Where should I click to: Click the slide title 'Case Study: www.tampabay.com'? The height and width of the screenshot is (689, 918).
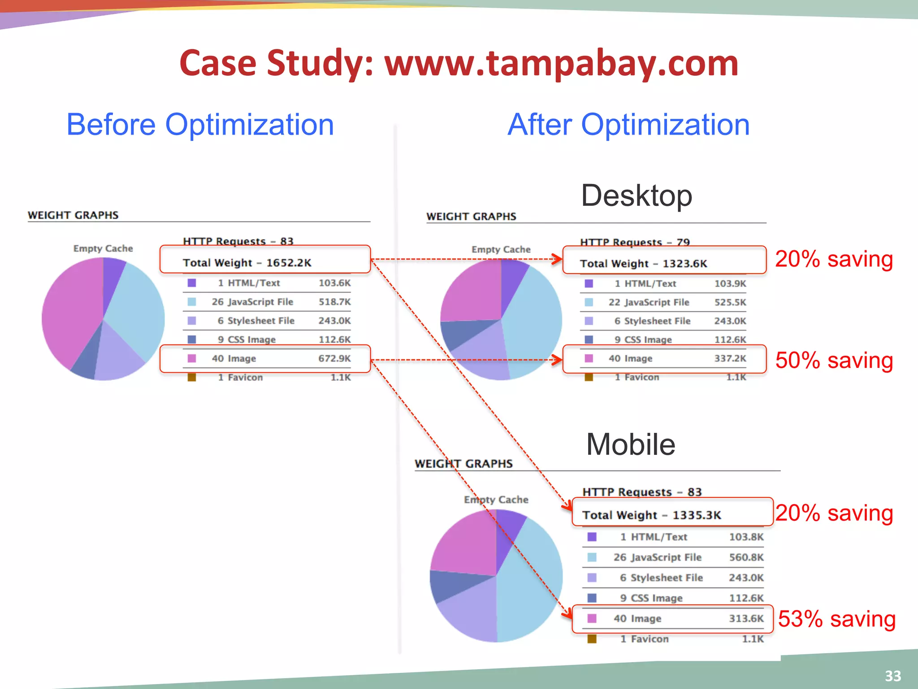(459, 63)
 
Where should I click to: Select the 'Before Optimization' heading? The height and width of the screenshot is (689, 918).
(200, 124)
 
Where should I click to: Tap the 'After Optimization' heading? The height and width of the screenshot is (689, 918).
(628, 124)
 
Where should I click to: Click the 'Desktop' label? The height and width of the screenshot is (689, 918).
(637, 196)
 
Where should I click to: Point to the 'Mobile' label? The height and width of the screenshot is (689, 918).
(630, 444)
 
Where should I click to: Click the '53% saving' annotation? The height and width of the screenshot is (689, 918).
(836, 619)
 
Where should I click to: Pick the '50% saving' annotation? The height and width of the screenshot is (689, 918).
(834, 360)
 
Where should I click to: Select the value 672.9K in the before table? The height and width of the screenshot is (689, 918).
(334, 358)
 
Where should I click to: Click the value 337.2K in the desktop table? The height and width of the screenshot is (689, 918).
(730, 358)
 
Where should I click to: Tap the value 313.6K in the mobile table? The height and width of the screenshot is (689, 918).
(746, 619)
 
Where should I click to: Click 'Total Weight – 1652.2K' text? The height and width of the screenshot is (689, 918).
(247, 263)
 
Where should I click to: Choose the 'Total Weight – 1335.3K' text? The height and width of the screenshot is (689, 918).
(651, 515)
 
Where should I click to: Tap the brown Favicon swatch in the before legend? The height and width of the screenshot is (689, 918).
(192, 377)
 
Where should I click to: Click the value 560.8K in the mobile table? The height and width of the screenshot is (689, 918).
(746, 557)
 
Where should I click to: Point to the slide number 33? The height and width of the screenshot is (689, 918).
(893, 676)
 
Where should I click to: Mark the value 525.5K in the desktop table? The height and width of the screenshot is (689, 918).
(730, 302)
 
